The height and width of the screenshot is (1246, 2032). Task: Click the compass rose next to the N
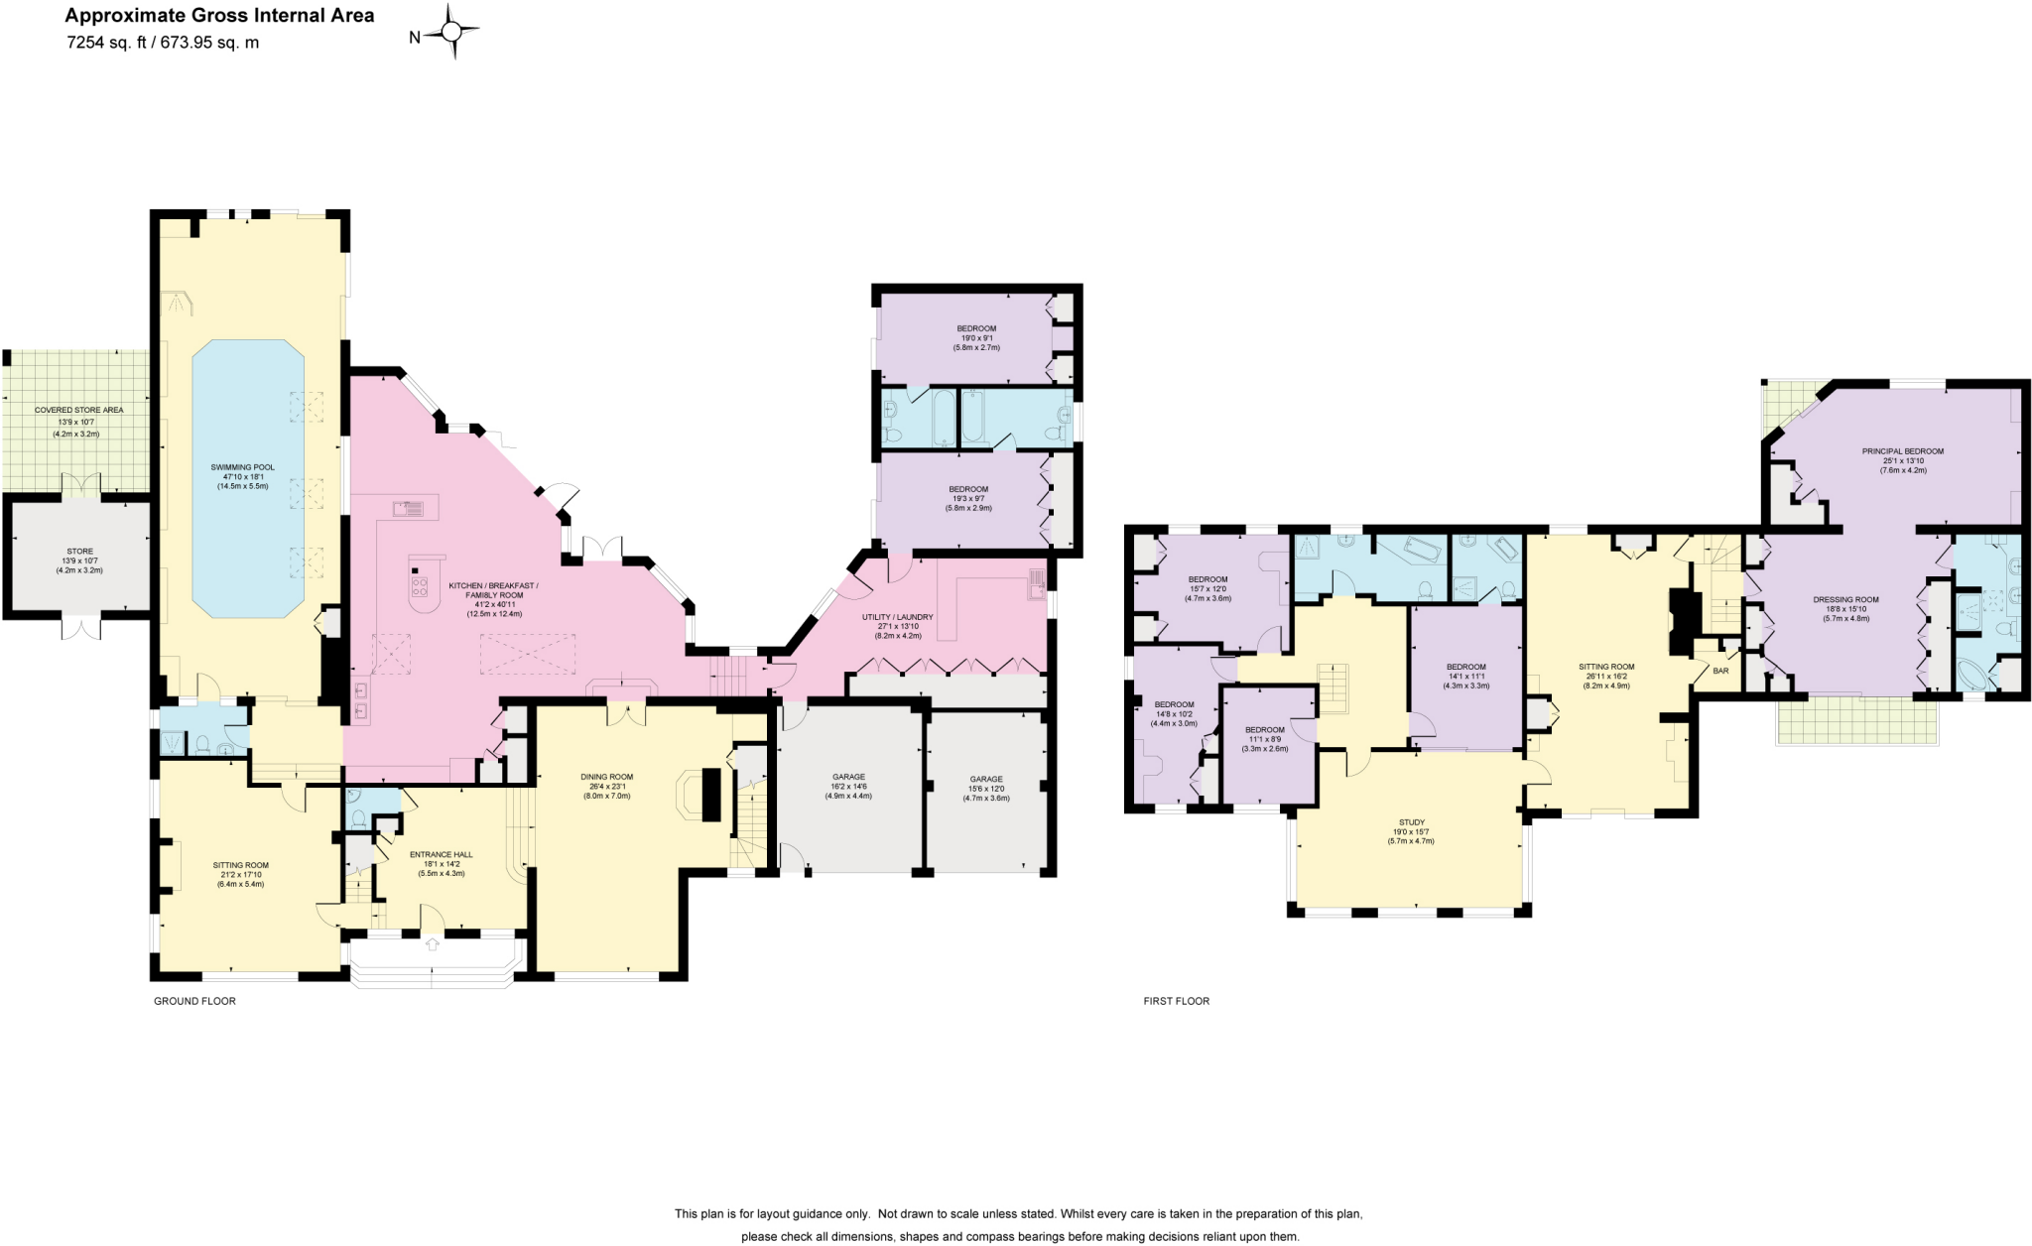point(452,33)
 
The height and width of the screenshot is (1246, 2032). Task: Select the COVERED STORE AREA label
point(78,410)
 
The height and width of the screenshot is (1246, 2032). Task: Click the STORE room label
point(79,552)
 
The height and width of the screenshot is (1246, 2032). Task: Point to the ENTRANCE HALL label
point(442,854)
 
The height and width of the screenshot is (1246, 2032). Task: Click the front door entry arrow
point(433,944)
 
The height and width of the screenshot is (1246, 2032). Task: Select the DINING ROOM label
point(606,777)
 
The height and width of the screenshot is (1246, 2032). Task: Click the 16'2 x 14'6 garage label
point(848,786)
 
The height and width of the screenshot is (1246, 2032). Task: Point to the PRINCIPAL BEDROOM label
point(1902,451)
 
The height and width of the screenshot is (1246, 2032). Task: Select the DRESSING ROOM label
point(1845,599)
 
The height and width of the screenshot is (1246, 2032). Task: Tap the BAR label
point(1720,671)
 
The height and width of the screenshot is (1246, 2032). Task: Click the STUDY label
point(1412,822)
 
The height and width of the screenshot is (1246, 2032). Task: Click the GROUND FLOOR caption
point(194,1001)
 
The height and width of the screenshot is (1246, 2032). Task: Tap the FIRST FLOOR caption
point(1176,1001)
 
